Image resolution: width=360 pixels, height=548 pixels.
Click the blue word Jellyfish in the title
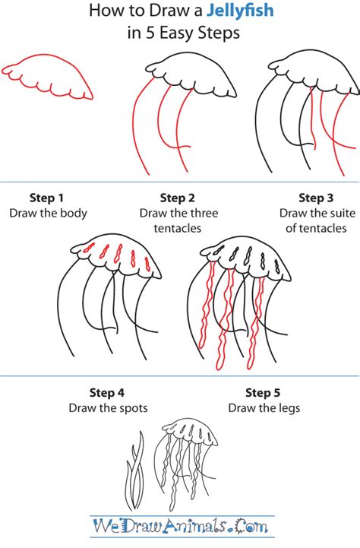click(240, 11)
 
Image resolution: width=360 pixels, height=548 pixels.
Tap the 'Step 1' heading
click(46, 198)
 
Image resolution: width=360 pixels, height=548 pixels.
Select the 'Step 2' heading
click(178, 198)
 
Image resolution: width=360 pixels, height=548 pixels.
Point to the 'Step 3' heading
click(316, 198)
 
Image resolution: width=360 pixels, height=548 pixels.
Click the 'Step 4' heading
click(107, 393)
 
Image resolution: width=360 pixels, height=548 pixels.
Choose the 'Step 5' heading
click(263, 393)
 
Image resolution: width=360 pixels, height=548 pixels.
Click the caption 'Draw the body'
click(48, 213)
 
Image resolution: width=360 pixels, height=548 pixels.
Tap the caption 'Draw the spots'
click(109, 408)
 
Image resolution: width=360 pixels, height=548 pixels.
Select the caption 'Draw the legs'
click(264, 408)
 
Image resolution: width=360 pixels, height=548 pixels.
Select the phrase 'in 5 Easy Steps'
click(183, 33)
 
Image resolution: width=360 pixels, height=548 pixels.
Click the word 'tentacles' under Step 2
click(178, 229)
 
